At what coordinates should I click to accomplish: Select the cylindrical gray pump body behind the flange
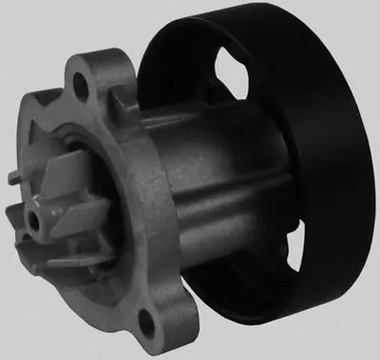click(218, 180)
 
